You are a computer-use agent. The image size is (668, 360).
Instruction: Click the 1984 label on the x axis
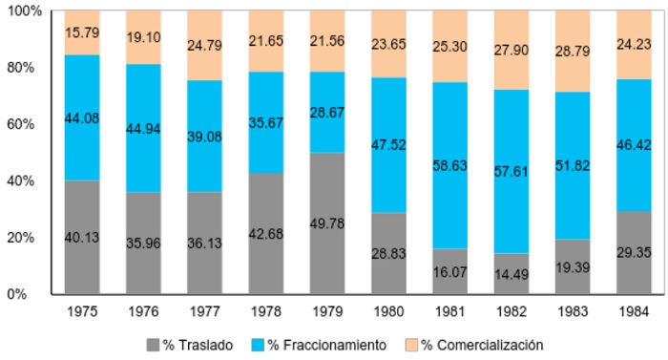(634, 311)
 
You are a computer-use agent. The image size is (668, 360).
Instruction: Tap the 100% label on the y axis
(24, 11)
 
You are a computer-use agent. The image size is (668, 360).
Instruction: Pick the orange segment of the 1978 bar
(266, 41)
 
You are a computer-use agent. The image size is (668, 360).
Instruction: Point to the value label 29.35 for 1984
(634, 253)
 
